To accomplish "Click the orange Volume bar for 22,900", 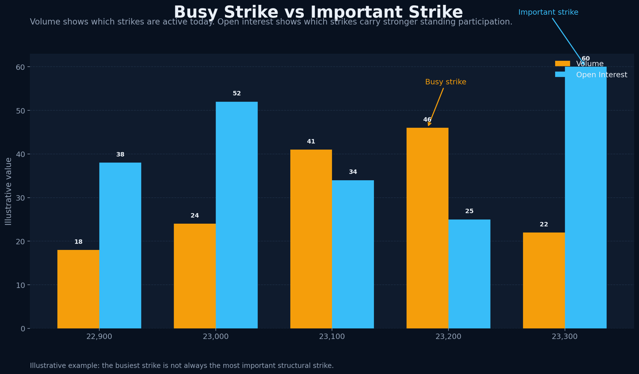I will coord(78,289).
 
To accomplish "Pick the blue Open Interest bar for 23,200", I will coord(469,274).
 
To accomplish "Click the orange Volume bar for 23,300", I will coord(544,280).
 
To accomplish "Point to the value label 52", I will coord(237,93).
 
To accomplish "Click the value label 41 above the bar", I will coord(311,141).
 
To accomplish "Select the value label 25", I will coord(469,211).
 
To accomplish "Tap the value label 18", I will coord(78,242).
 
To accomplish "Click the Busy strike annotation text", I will coord(445,82).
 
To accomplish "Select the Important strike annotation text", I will coord(548,12).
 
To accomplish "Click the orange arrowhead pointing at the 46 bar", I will coord(429,124).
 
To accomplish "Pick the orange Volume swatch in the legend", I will coord(562,64).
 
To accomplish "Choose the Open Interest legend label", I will coord(601,75).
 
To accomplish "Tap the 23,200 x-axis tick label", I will coord(448,336).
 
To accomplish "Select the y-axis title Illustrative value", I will coord(8,191).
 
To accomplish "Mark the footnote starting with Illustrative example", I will coord(182,366).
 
